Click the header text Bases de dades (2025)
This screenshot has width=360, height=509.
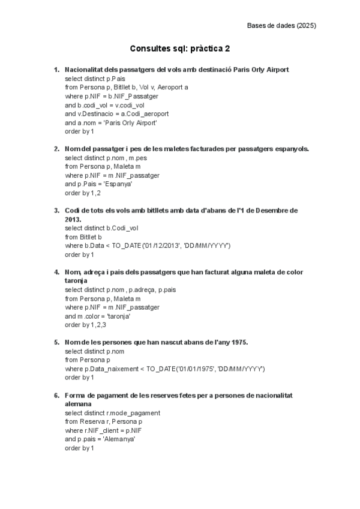(x=281, y=25)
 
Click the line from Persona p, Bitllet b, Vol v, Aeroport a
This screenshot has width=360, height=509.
(x=126, y=87)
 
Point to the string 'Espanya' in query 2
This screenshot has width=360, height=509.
(x=116, y=184)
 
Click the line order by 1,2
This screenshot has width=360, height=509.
(x=83, y=193)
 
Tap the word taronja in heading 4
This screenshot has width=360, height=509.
(x=76, y=280)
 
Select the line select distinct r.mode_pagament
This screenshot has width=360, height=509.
(x=113, y=413)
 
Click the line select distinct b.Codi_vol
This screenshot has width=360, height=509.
(x=101, y=228)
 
